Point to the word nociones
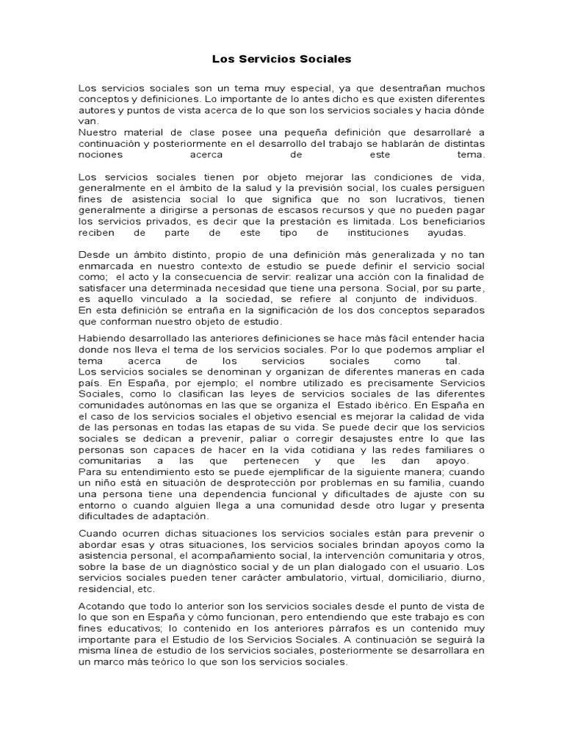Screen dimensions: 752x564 [x=101, y=156]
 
